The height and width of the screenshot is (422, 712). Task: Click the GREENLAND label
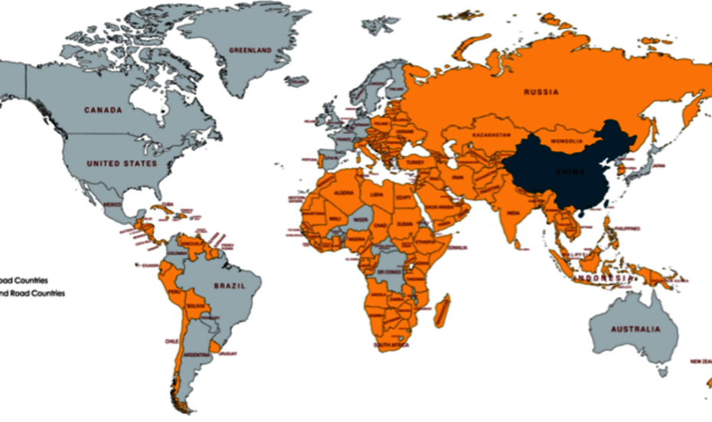250,51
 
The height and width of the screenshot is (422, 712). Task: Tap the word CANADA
103,110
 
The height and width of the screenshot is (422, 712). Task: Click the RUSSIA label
541,92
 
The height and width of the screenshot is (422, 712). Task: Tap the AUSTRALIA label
635,329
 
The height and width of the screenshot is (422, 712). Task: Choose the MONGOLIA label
567,142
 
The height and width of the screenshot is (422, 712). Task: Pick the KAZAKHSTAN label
492,135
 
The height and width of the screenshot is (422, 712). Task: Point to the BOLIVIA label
197,306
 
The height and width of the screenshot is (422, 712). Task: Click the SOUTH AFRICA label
391,345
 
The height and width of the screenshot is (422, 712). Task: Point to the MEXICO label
113,205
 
